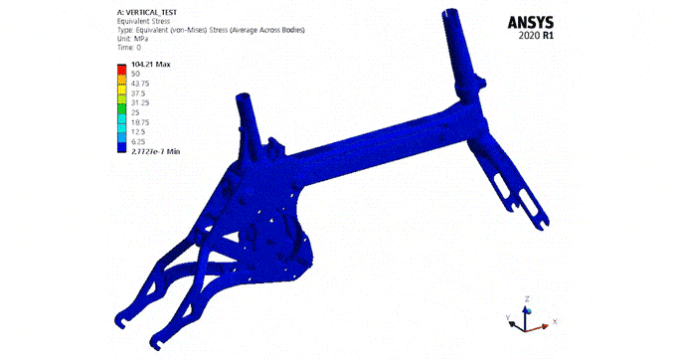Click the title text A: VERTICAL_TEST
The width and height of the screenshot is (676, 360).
[147, 13]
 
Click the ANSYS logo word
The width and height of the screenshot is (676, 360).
[530, 23]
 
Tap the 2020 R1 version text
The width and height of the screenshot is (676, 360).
[536, 36]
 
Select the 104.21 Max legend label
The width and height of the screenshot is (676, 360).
[150, 65]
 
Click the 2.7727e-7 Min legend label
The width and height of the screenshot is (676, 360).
[156, 151]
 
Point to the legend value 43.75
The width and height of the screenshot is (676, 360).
[140, 84]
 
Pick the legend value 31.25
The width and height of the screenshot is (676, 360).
[140, 103]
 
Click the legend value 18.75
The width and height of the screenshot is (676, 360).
[140, 122]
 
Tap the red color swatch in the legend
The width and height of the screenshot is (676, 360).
[121, 70]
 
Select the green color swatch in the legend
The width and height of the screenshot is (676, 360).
[121, 108]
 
